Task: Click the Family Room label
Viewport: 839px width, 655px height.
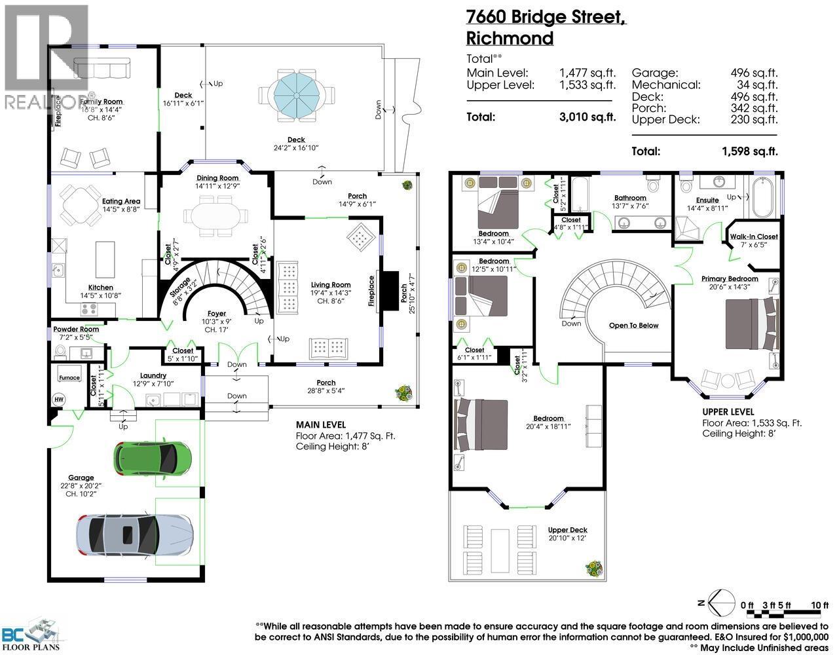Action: (x=101, y=102)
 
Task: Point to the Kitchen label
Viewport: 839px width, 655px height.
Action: (x=101, y=288)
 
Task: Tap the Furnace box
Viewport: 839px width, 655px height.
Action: (x=69, y=378)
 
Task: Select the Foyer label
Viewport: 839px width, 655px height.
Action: (x=216, y=313)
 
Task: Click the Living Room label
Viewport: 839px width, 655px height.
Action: (x=331, y=285)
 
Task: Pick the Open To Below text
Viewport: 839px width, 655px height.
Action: (x=633, y=326)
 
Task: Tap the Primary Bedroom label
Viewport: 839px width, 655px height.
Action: (x=730, y=278)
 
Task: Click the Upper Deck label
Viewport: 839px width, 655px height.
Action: (x=567, y=530)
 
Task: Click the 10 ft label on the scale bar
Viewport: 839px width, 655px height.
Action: (x=815, y=605)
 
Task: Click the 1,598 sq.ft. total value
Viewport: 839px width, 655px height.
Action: (x=750, y=151)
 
